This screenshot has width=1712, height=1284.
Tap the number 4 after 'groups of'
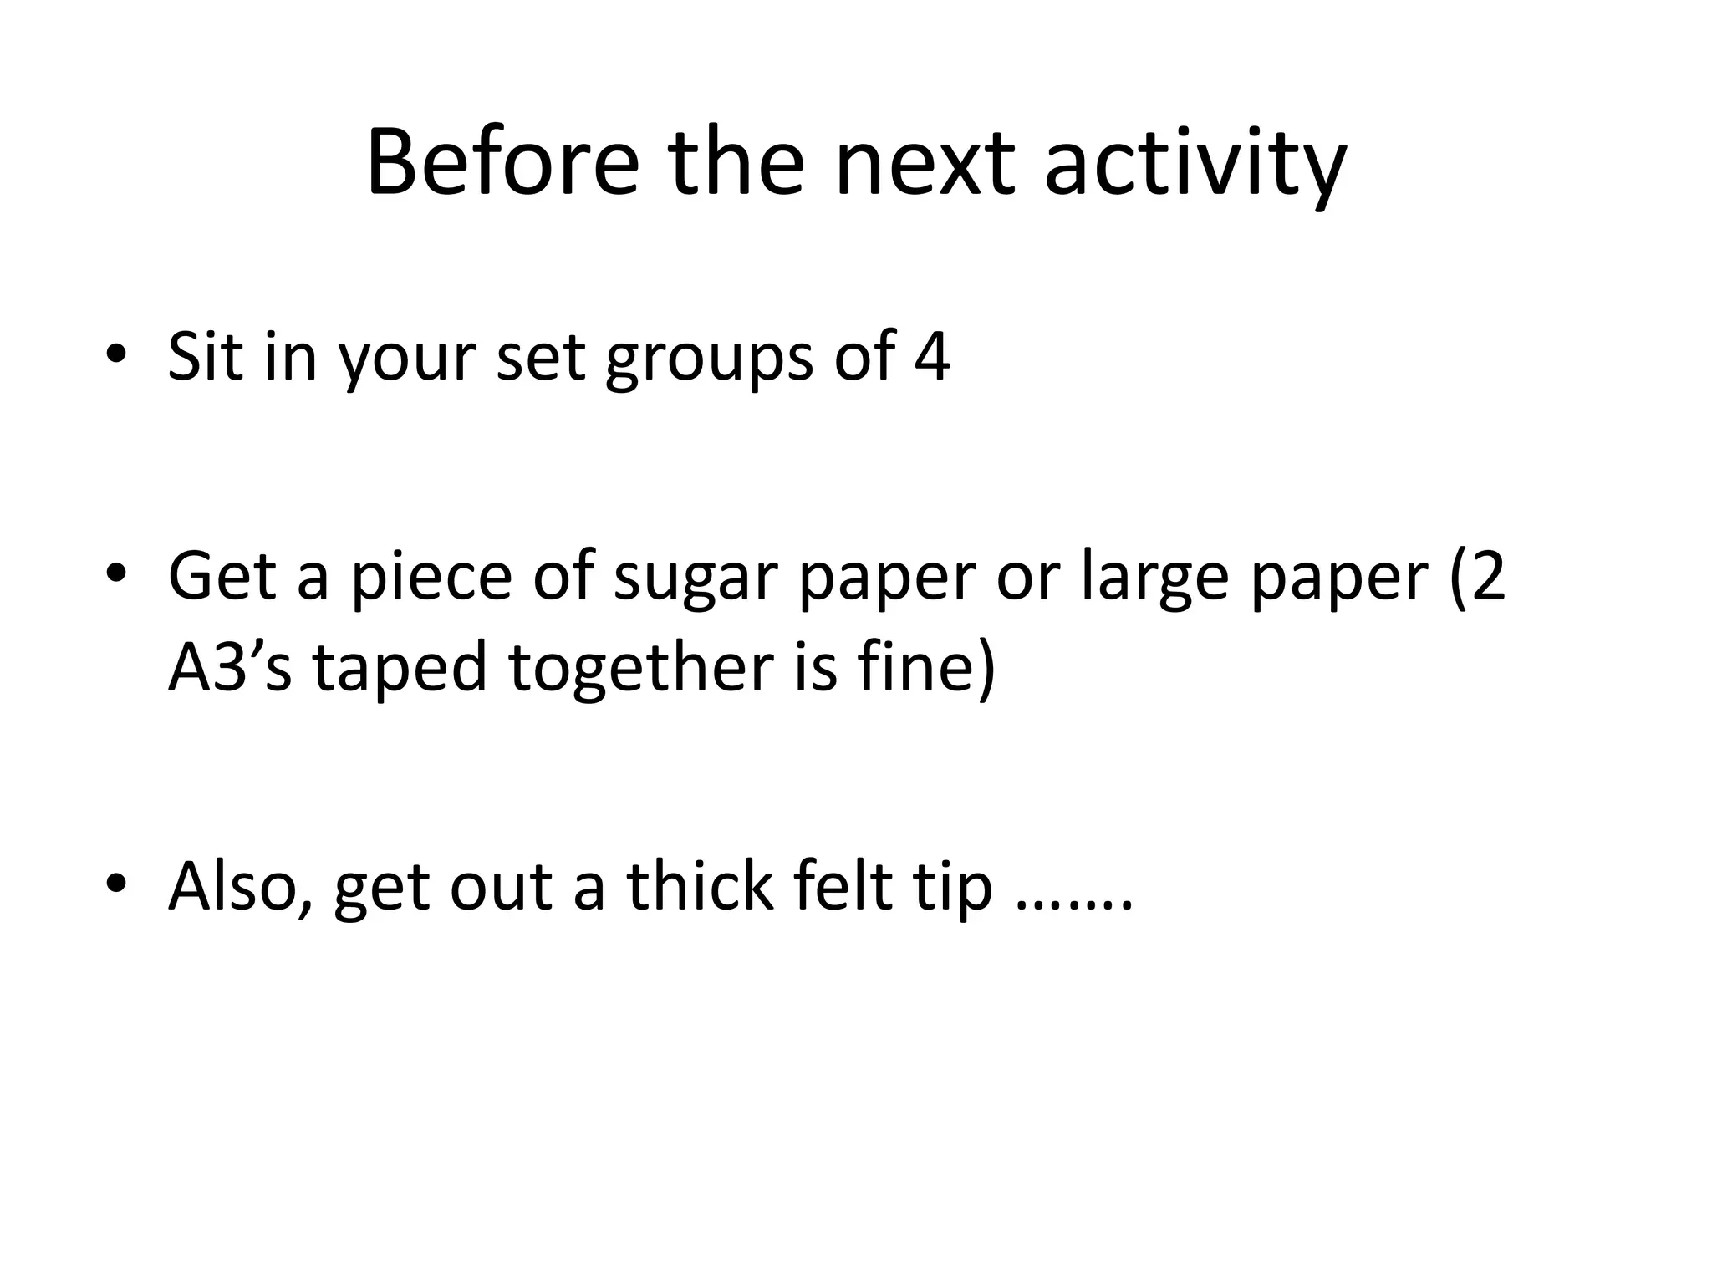click(x=931, y=356)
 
